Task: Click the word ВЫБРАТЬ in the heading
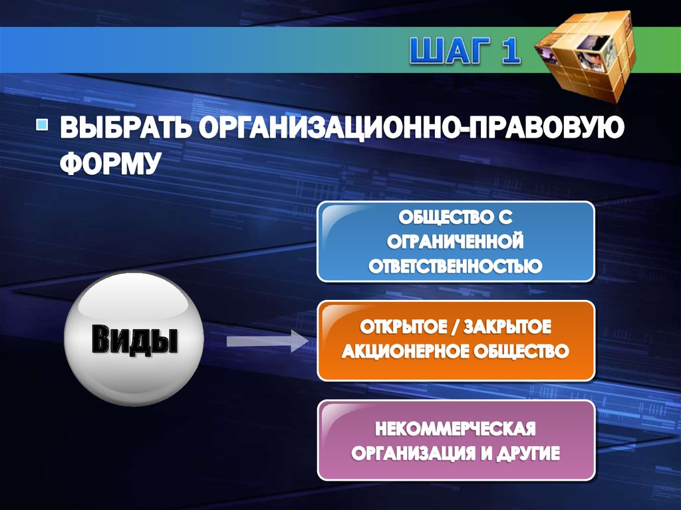[124, 128]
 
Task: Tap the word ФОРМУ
[110, 163]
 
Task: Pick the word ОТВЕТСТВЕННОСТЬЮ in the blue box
[456, 267]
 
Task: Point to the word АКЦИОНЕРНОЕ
[403, 352]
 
